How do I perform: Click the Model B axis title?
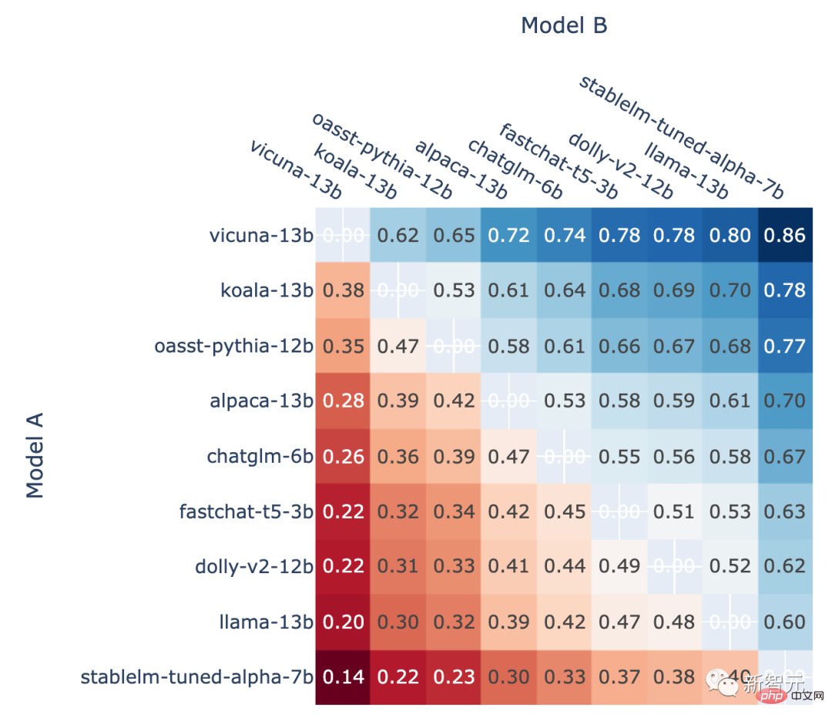[564, 25]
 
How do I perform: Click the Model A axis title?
[35, 455]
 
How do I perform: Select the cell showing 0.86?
[785, 235]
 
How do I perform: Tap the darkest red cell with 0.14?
[343, 677]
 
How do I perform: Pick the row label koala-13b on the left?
[267, 290]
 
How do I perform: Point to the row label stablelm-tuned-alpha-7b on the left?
[197, 677]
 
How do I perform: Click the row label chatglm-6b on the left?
[260, 456]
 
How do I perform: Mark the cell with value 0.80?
[730, 235]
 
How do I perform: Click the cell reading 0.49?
[619, 566]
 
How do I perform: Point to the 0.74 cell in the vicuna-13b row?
[565, 235]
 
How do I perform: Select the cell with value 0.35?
[343, 346]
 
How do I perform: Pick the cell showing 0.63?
[785, 511]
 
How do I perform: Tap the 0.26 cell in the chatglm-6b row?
[343, 456]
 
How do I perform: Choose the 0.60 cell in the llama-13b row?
[785, 622]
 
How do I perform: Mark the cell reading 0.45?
[565, 511]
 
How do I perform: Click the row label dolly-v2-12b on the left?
[254, 567]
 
